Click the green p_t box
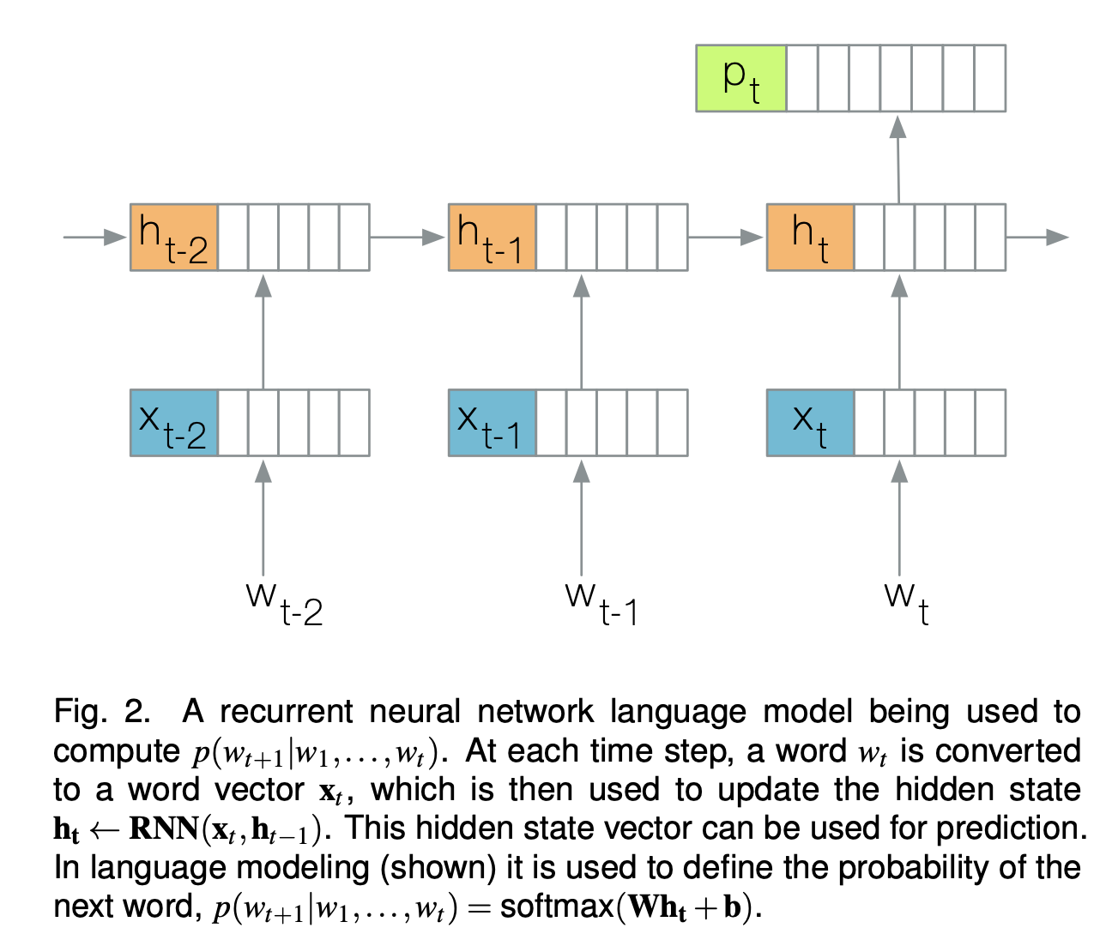point(741,79)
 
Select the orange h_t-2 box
point(174,238)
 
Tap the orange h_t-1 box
point(493,238)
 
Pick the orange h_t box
point(810,238)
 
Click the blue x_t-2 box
point(174,423)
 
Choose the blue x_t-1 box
point(493,423)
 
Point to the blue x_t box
point(810,423)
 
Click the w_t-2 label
point(284,602)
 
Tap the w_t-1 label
point(601,602)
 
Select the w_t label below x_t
point(906,602)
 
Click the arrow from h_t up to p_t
point(898,159)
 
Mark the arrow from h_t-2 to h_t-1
point(408,237)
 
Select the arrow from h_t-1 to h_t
point(726,237)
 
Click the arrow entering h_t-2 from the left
point(94,237)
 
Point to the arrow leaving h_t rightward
point(1036,237)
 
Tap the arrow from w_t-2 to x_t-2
point(263,519)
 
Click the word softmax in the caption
point(557,907)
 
